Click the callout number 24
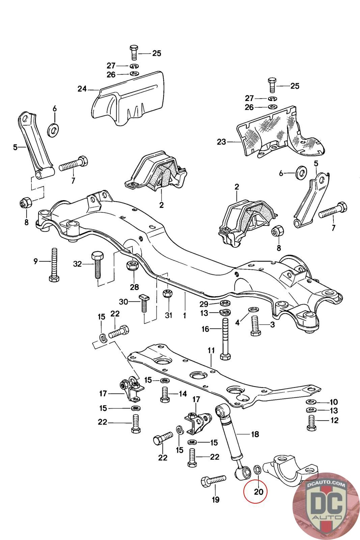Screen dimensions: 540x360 coord(82,89)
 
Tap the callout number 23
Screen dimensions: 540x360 coord(221,142)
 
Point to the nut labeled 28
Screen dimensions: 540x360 coord(133,266)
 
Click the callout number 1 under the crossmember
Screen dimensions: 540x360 coord(185,316)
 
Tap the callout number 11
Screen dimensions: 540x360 coord(211,350)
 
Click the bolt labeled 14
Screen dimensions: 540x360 coord(165,395)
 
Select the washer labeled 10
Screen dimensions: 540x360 coord(310,402)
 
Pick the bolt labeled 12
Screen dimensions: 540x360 coord(311,423)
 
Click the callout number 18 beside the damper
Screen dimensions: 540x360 coord(255,434)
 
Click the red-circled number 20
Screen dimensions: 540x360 coord(258,492)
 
